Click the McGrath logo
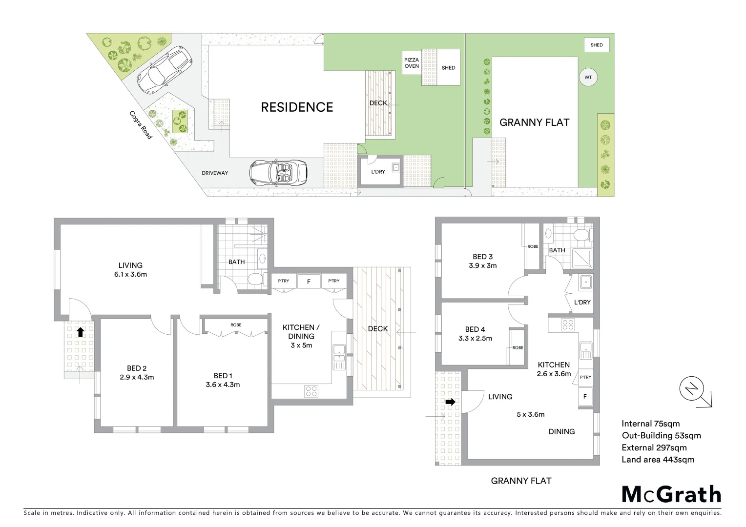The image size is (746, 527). tap(671, 494)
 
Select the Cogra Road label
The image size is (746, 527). tap(141, 125)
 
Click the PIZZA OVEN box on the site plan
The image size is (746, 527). tap(411, 63)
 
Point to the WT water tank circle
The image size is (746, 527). tap(588, 77)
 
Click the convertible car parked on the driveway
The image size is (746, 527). tap(279, 172)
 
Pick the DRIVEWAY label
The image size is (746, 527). tap(215, 173)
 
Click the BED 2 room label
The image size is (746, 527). tap(137, 368)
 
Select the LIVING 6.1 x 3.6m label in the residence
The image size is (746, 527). tap(130, 270)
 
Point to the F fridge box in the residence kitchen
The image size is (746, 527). tap(309, 282)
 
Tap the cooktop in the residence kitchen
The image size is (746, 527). tap(311, 390)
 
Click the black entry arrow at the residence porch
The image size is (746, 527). tap(80, 332)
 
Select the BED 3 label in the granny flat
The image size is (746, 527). tap(482, 257)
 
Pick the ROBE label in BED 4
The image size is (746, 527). tap(518, 347)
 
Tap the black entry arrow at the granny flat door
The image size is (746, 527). tap(450, 402)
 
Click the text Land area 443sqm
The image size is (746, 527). tap(658, 459)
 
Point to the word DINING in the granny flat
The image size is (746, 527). tap(561, 431)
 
